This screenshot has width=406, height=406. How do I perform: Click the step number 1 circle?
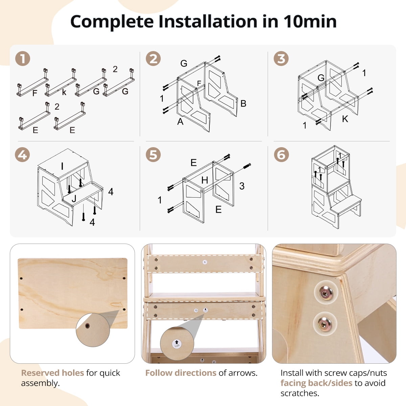(23, 59)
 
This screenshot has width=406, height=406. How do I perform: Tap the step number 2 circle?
(153, 59)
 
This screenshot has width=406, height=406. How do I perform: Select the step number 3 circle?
(281, 59)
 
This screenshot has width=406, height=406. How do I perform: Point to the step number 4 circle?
(22, 155)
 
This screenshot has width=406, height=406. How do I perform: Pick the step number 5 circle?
(153, 155)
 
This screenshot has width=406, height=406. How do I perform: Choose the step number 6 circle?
(281, 155)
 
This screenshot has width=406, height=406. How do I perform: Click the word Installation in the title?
(208, 22)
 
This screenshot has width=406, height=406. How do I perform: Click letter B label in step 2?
(243, 104)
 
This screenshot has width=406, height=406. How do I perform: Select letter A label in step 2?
(180, 121)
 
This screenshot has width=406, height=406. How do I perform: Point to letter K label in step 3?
(345, 119)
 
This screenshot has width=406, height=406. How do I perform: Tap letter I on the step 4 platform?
(62, 166)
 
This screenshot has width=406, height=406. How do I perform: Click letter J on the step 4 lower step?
(74, 198)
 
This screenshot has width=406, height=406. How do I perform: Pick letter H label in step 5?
(205, 180)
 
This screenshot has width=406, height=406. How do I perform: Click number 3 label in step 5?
(242, 186)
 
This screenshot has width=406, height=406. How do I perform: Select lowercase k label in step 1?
(64, 92)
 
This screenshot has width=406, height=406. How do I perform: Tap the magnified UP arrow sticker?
(177, 344)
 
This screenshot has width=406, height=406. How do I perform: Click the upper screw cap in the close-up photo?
(326, 292)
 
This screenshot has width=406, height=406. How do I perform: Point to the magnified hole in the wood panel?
(87, 326)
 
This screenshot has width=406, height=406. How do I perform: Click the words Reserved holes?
(52, 373)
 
